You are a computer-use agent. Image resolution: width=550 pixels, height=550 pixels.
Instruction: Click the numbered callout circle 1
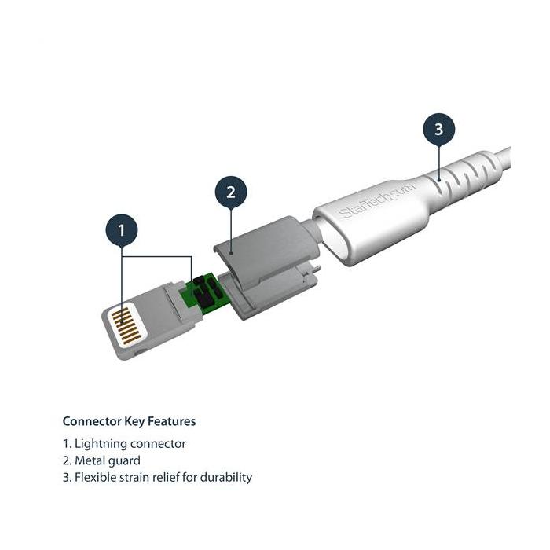[x=120, y=231]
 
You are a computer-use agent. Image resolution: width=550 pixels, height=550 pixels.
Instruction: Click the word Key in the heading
[x=138, y=421]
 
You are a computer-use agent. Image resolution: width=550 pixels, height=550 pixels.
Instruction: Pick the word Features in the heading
[x=174, y=421]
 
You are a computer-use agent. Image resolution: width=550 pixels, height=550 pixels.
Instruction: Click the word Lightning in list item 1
[x=102, y=444]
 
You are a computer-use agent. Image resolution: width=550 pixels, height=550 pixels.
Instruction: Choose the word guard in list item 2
[x=125, y=460]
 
